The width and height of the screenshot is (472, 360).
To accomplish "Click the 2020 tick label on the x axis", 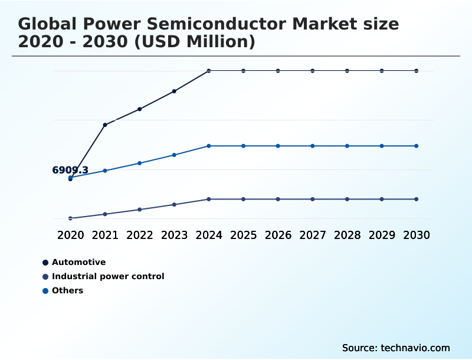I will (70, 235).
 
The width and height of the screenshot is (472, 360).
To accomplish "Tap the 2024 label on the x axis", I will (209, 235).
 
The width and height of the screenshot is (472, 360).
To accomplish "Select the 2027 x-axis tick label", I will (313, 235).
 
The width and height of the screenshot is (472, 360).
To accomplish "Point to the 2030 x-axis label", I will (417, 235).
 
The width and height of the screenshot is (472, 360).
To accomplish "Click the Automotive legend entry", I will (78, 262).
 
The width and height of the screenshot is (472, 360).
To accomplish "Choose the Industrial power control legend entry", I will (107, 276).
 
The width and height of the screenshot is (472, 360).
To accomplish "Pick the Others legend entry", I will (67, 290).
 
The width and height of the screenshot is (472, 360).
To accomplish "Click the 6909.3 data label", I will (70, 171).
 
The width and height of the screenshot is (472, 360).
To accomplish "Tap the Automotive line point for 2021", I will (105, 125).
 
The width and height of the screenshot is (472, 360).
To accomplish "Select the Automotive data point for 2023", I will (174, 91).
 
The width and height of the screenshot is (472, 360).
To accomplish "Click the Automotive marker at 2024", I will (209, 71).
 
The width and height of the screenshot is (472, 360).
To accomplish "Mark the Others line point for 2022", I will (140, 163).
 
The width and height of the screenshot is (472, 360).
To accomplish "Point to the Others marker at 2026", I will (278, 146).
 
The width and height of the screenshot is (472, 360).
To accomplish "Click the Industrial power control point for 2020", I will (70, 218).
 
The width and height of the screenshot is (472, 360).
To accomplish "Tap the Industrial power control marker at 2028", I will (347, 199).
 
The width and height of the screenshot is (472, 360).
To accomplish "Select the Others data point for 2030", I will (417, 146).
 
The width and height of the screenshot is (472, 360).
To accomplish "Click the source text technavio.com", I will (415, 348).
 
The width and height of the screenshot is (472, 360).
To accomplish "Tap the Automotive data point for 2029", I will (382, 71).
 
